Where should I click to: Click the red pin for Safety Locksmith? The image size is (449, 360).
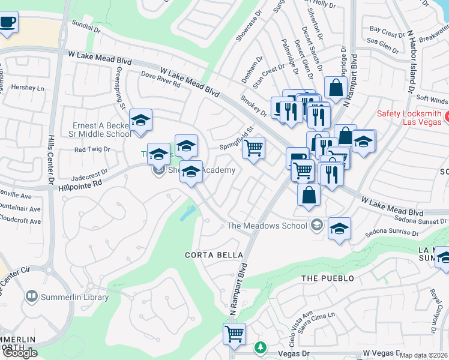click(x=444, y=114)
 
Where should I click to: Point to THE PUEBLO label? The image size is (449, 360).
click(x=327, y=278)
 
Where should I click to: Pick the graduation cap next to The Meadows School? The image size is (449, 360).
click(x=339, y=229)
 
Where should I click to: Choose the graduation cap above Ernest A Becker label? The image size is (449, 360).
click(x=140, y=120)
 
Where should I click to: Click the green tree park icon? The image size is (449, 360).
click(x=260, y=347)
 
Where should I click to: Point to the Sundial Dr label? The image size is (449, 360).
click(x=86, y=26)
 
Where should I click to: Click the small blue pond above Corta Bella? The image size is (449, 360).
click(x=188, y=212)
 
